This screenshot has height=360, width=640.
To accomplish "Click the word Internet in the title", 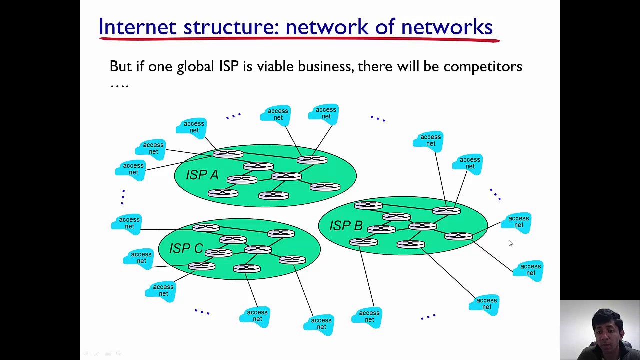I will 137,27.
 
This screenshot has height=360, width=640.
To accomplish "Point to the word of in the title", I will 385,27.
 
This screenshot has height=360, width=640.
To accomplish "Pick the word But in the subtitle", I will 120,66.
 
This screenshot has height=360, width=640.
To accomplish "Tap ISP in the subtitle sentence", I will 229,66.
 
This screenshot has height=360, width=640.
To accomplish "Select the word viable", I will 275,66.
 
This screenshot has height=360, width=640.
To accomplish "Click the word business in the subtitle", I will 325,66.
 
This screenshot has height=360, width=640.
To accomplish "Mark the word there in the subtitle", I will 375,66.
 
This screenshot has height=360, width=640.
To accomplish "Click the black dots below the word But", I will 119,86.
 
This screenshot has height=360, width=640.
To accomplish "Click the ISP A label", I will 202,175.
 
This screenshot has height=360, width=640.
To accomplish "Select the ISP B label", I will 346,226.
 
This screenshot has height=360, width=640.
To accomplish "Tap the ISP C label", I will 186,248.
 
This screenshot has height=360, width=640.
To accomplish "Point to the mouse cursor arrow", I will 510,243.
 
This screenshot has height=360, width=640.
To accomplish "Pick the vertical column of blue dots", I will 123,197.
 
